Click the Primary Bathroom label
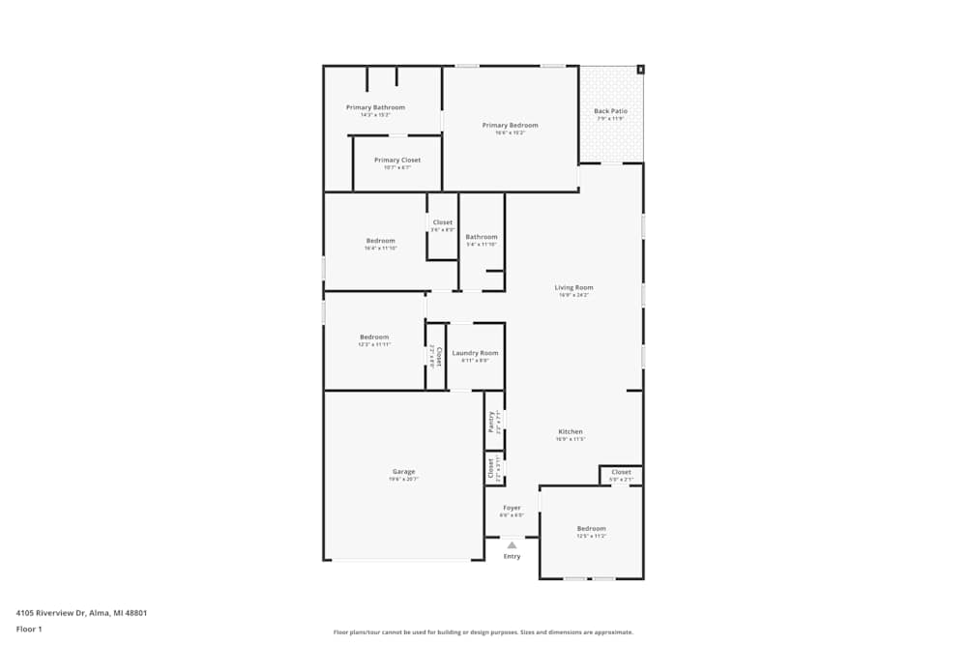tap(375, 107)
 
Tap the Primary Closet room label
tap(396, 161)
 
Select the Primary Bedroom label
tap(510, 126)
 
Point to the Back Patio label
tap(610, 111)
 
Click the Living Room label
tap(573, 288)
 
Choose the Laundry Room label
tap(475, 354)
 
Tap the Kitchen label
tap(570, 432)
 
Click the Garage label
tap(403, 472)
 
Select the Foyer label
tap(512, 508)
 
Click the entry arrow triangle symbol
tap(512, 545)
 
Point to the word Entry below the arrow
tap(512, 557)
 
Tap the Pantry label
tap(492, 421)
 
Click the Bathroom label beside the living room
tap(481, 237)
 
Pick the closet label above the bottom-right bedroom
tap(621, 473)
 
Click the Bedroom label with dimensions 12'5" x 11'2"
tap(591, 529)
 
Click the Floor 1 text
tap(29, 629)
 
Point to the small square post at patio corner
tap(640, 70)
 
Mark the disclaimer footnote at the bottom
tap(483, 631)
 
